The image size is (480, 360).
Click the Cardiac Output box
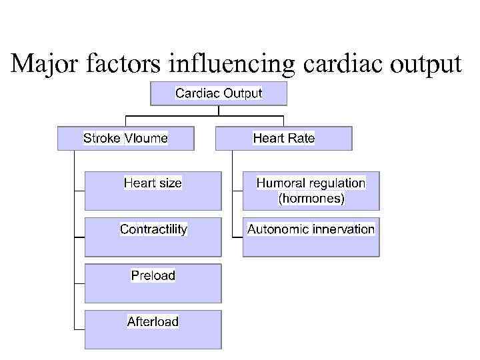click(219, 93)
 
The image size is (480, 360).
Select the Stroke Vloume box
click(126, 139)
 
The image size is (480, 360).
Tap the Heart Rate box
click(284, 139)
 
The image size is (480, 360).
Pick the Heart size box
click(153, 191)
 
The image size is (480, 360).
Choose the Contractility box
click(153, 237)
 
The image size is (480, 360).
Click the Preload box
click(153, 283)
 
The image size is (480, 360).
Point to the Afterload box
click(153, 329)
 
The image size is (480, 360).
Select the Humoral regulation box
click(311, 191)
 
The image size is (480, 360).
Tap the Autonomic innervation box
click(311, 237)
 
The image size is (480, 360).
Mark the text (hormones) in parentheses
click(311, 198)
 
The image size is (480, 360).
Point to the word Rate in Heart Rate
click(301, 139)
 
